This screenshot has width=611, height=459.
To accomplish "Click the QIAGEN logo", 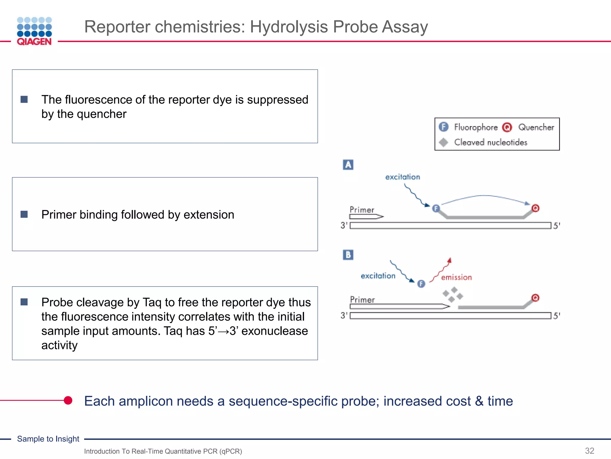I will [34, 31].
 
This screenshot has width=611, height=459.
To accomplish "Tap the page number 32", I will [590, 451].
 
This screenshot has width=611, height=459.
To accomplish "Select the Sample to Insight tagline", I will [48, 439].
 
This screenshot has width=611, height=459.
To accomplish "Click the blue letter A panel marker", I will [348, 165].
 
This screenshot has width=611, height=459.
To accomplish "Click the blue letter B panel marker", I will [348, 255].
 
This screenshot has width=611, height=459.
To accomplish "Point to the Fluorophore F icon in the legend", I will [444, 127].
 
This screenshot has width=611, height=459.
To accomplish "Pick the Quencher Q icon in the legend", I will [507, 127].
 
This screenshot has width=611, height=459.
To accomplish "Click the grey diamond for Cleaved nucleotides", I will [444, 142].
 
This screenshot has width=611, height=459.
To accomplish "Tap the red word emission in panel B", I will [456, 278].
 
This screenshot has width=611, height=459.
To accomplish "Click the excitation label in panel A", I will [402, 177].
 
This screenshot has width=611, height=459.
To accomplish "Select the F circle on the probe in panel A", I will [436, 208].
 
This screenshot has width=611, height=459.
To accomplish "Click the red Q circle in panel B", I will [536, 298].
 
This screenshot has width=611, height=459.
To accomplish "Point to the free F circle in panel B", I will [421, 284].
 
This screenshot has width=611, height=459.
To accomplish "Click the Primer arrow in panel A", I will [366, 216].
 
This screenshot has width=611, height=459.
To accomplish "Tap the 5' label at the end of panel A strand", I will [557, 226].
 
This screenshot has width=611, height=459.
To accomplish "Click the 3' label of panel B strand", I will [344, 315].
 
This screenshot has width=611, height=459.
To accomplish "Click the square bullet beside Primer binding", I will [24, 214].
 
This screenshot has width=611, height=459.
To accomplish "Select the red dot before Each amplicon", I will [68, 400].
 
